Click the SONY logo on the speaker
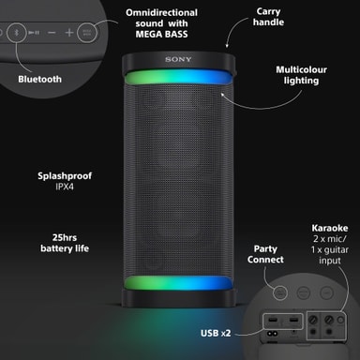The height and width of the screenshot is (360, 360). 178,59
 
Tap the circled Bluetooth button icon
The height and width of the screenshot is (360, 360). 17,32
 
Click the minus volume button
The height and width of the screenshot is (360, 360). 52,32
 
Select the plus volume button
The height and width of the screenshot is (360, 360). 69,32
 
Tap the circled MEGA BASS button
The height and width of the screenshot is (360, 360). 87,32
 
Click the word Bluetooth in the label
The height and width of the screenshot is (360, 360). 39,80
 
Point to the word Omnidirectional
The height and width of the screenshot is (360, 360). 161,13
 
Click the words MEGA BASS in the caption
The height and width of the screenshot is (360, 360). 161,34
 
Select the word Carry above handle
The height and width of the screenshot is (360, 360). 268,12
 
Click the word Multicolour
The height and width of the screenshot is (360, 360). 301,69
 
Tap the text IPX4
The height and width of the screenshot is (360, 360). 65,187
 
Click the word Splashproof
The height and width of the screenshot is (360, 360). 65,176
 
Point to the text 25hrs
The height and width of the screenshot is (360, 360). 65,237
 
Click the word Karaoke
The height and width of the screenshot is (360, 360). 330,228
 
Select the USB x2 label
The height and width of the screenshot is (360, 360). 216,333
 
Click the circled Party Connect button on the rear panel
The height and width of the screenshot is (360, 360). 280,292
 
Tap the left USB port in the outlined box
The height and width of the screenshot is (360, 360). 273,321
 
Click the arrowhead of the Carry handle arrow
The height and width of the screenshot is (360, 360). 227,46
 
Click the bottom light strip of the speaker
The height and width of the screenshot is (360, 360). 178,283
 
